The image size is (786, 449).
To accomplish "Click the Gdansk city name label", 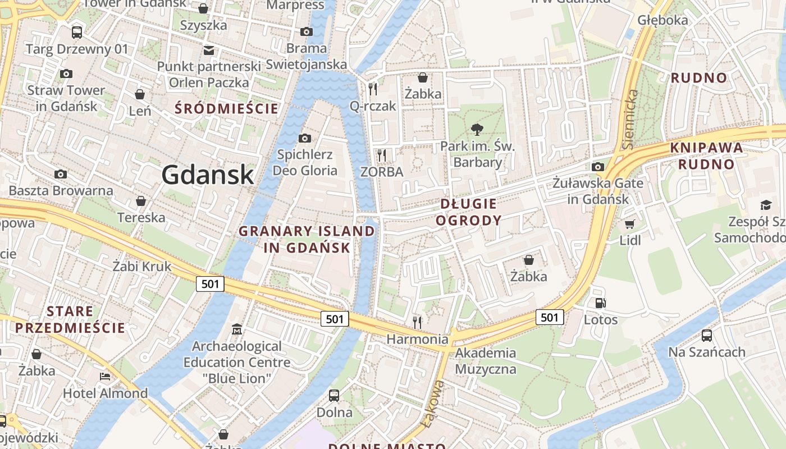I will tap(208, 175).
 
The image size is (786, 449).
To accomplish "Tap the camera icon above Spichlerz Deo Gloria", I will tap(305, 138).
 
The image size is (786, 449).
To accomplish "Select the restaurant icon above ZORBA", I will tap(382, 155).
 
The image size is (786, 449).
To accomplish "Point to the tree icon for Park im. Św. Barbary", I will tap(477, 130).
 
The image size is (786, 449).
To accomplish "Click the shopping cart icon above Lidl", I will tap(629, 224).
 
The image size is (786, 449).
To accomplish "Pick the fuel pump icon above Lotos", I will tap(600, 303).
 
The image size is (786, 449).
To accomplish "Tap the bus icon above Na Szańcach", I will tap(706, 336).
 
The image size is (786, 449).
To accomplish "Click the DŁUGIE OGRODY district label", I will tap(469, 212).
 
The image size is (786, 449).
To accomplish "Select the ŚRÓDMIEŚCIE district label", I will tap(227, 108).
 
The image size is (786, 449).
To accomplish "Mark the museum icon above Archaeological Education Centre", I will tap(236, 329).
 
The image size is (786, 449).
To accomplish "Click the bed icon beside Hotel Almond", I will tap(105, 376).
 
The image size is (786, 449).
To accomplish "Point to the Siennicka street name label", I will tap(629, 119).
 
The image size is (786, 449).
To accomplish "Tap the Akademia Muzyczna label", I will tap(486, 361).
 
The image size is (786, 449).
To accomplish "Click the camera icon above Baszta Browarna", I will tap(60, 175).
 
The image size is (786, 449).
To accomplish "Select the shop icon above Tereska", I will tap(141, 201).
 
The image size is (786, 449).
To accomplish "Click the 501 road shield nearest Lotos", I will tap(550, 317).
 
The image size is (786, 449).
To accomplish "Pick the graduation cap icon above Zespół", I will tap(766, 205).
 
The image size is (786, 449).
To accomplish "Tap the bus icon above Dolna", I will tap(334, 395).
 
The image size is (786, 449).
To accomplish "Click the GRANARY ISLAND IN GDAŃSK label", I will tap(307, 239).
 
